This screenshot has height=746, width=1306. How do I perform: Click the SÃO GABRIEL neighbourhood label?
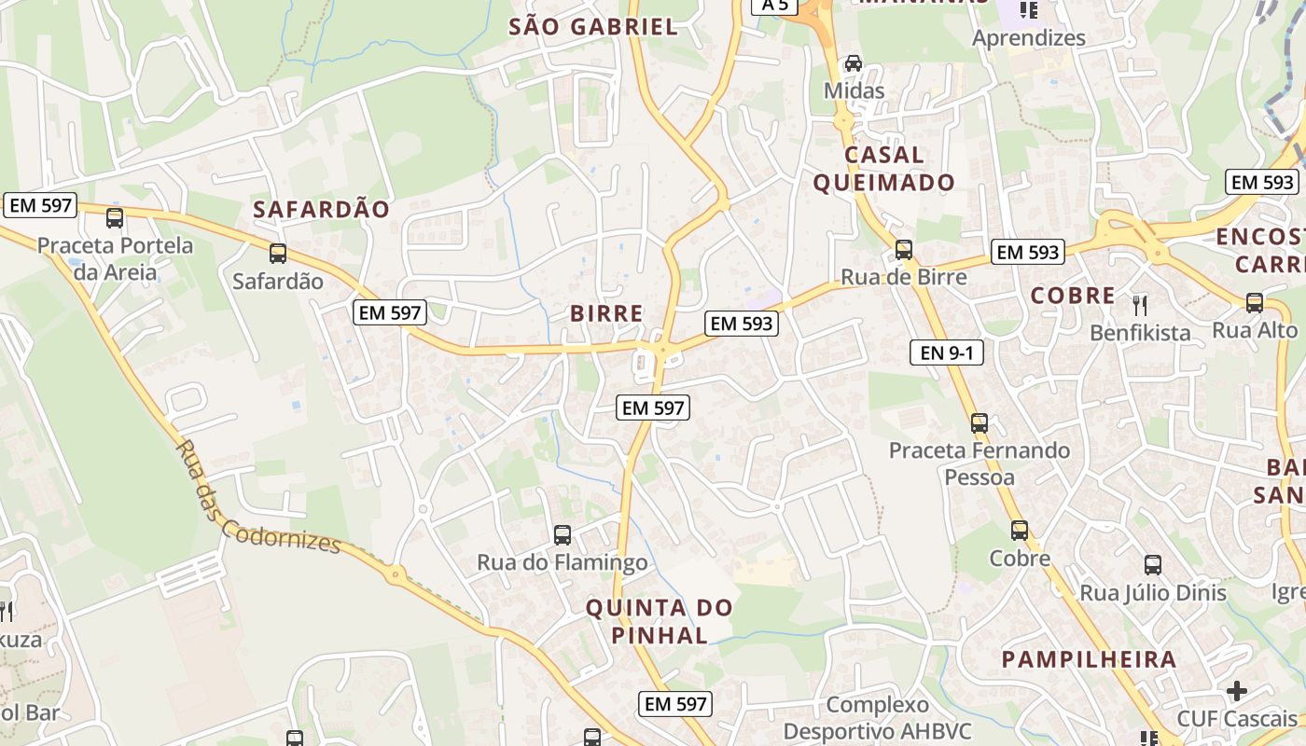593,27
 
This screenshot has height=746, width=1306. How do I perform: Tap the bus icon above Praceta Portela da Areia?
115,218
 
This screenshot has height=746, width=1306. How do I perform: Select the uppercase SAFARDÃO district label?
321,210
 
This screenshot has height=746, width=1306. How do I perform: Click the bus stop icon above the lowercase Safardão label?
278,254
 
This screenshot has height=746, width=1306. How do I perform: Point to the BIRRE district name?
606,313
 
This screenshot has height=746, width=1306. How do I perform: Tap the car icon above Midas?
853,63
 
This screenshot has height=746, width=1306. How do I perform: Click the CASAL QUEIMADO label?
883,169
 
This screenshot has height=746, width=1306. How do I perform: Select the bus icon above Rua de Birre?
903,250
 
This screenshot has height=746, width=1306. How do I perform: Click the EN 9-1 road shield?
946,352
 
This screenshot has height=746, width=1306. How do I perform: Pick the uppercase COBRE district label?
1073,296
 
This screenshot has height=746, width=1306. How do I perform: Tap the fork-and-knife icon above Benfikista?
1139,304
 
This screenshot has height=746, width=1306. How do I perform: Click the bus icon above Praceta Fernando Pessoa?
979,423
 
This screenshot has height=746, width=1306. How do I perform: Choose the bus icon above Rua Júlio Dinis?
1153,564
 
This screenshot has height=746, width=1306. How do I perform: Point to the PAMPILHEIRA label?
1089,659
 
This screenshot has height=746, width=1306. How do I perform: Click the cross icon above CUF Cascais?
1237,691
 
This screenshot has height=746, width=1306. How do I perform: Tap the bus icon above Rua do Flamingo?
562,535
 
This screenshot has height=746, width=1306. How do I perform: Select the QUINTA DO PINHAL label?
660,622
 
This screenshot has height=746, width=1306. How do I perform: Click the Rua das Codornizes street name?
257,498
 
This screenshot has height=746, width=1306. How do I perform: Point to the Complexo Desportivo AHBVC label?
877,717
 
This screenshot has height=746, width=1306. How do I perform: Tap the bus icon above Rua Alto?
1255,303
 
